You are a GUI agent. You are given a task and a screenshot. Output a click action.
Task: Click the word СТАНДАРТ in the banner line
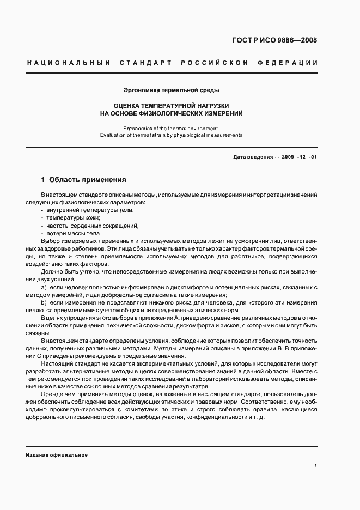143,63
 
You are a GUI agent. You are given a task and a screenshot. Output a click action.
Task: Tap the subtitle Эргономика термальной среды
172,90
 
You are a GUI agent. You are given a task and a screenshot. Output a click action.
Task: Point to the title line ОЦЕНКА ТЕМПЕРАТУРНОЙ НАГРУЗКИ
172,105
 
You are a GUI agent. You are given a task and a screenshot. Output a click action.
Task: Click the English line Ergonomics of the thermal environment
172,127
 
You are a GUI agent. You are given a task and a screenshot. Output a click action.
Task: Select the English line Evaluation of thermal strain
172,135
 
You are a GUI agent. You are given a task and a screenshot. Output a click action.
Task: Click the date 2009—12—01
299,157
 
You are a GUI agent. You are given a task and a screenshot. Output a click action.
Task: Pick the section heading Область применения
88,179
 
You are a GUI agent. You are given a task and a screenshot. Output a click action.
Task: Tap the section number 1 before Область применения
44,179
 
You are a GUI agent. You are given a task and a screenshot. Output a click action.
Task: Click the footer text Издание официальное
57,454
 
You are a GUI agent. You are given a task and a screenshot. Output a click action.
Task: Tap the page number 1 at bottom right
316,466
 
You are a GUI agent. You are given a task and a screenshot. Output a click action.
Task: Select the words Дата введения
253,157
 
